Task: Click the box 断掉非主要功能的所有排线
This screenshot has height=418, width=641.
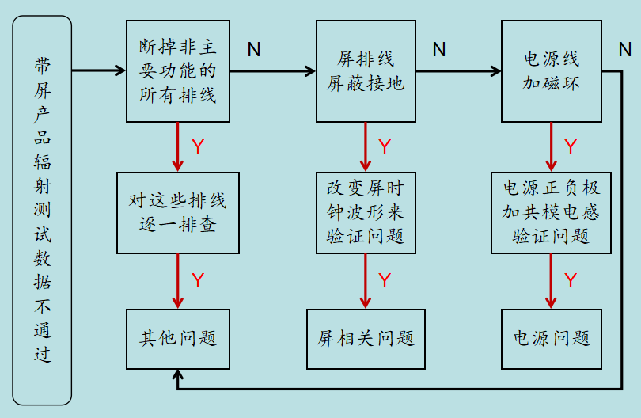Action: tap(178, 71)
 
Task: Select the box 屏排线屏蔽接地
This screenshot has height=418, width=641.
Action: tap(366, 71)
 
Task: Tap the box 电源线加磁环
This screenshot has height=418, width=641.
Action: tap(552, 71)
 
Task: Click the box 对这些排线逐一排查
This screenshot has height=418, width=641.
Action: tap(178, 213)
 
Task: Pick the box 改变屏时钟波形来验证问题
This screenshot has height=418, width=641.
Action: tap(366, 213)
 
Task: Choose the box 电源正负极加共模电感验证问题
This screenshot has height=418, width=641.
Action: tap(552, 213)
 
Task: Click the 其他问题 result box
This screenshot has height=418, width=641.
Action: tap(178, 339)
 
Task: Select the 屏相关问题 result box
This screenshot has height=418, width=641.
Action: tap(366, 339)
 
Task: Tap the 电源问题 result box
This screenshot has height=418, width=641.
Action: tap(552, 339)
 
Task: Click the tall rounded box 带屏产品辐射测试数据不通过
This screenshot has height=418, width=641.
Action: tap(42, 210)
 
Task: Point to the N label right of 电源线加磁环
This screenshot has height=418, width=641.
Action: tap(624, 50)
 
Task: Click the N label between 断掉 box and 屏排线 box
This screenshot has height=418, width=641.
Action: tap(253, 50)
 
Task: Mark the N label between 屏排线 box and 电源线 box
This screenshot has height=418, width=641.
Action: tap(438, 50)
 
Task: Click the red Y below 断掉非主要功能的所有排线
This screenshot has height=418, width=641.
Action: tap(198, 146)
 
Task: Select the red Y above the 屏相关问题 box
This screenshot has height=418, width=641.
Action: tap(385, 280)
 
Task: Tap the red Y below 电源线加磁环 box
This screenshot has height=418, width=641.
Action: tap(570, 146)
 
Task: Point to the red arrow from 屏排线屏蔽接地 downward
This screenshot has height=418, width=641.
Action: tap(366, 147)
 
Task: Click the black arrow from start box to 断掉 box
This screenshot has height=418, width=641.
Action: tap(99, 70)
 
